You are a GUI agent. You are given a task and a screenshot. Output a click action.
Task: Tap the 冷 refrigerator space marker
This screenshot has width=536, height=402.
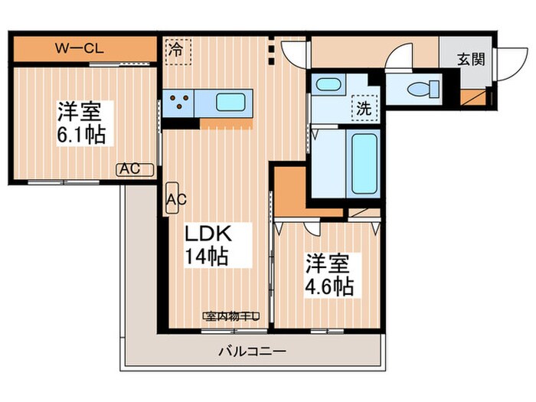175,48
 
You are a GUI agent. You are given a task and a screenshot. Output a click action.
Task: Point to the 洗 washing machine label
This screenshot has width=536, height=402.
364,107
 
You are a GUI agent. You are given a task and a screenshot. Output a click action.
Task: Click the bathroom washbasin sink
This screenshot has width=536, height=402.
329,85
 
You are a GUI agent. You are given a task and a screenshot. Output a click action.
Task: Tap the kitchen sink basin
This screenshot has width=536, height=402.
231,102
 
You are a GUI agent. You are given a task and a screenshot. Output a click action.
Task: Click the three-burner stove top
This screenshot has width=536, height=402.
179,103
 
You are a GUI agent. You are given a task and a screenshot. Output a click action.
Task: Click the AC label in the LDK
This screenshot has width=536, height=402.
173,198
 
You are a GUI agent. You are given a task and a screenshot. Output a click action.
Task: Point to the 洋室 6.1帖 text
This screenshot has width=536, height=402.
81,123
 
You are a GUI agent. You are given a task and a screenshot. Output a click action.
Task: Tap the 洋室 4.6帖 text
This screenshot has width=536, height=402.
328,274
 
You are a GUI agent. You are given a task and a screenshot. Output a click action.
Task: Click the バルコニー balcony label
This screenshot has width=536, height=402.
253,351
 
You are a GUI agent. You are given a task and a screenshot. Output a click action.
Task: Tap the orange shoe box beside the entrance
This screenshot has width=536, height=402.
474,97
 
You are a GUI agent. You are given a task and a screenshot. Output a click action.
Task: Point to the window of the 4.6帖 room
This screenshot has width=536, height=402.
325,330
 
